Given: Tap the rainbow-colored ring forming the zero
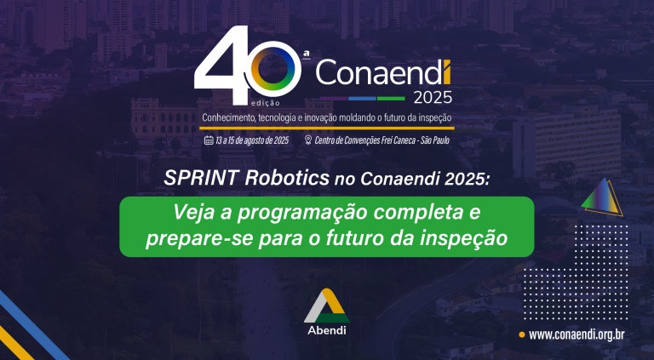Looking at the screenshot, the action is coord(275,68).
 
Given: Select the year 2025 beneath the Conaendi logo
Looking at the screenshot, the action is coord(433,98).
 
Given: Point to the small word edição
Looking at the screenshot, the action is coord(266,102).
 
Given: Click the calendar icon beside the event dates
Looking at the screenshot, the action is coord(209,140).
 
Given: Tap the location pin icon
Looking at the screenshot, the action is coord(308,140).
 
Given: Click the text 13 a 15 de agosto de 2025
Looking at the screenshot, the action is coord(252,140).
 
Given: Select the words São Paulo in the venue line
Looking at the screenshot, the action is coord(435,140).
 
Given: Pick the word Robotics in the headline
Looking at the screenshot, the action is coord(287,179).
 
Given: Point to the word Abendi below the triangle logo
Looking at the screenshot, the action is coord(327,330).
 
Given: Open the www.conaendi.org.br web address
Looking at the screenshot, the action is coord(577,334).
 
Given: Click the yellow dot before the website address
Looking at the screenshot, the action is coord(521,334).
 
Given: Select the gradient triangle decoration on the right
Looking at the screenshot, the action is coord(601,197).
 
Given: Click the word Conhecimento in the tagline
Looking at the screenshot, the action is coord(228,118).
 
